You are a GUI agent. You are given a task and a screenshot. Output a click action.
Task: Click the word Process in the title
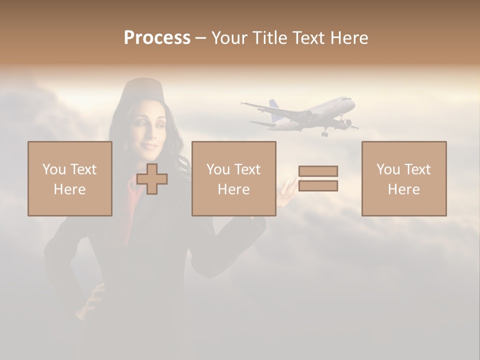(157, 38)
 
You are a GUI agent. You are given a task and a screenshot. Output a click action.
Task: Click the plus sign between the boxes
(152, 179)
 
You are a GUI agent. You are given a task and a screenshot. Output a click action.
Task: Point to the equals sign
(318, 178)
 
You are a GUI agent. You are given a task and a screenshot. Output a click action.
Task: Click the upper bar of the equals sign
(318, 171)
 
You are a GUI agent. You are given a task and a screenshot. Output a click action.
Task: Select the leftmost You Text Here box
(70, 178)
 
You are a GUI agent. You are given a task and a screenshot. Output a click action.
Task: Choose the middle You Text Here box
(233, 178)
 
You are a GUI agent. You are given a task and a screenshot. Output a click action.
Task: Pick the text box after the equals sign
(403, 178)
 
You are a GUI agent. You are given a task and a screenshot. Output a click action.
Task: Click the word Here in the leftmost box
(70, 189)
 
